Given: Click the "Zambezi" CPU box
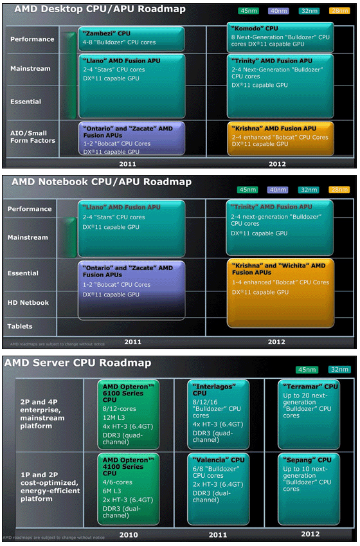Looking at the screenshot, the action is [132, 39].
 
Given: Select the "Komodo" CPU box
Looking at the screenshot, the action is [280, 37].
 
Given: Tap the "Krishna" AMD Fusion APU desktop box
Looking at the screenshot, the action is [281, 138].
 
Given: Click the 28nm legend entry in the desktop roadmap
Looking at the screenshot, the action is [339, 11].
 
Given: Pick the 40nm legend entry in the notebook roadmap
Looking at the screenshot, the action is [278, 190].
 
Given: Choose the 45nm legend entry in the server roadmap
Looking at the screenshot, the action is [307, 369].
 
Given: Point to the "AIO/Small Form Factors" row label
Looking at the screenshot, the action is [33, 137].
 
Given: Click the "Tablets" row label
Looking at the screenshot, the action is [20, 326].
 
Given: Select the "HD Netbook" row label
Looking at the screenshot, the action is [28, 303].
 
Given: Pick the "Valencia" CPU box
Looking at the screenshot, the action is [219, 489].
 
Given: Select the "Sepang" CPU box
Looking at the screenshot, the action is [309, 489].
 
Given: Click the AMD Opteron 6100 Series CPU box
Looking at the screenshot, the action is [129, 414].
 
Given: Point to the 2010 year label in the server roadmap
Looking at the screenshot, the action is [129, 535].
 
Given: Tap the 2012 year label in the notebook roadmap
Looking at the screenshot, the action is [276, 342].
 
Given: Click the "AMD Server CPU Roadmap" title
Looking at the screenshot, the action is [78, 363].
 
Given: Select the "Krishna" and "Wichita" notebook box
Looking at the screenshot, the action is [281, 293].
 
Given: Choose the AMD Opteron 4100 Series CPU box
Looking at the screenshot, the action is [129, 489].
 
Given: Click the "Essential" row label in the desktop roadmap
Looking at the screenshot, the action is [26, 102].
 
